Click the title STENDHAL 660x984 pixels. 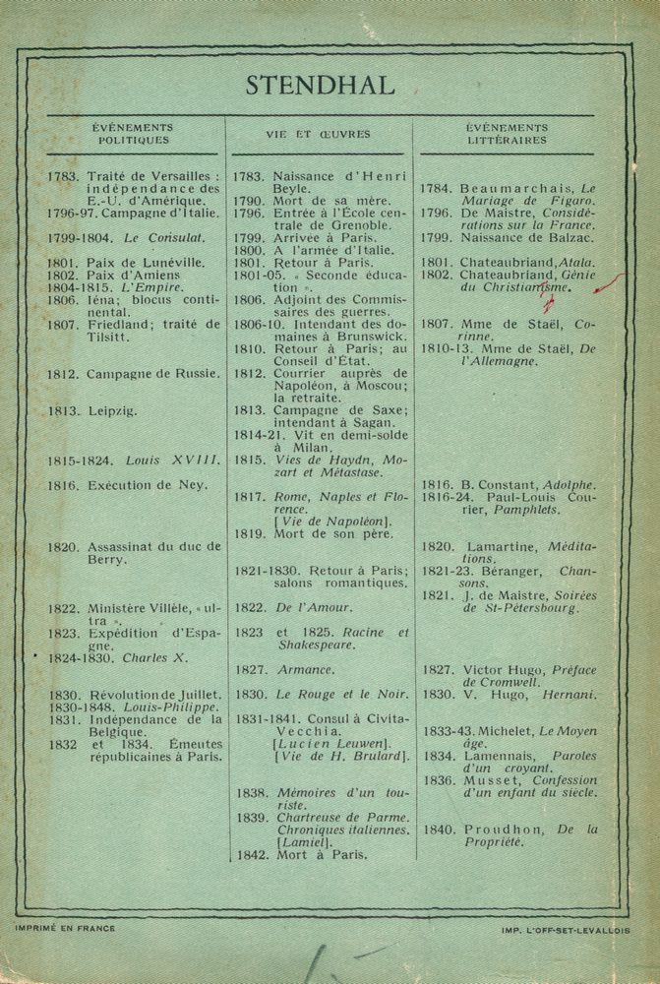[x=320, y=86]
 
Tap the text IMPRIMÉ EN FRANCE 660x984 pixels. [x=66, y=927]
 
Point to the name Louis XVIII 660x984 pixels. [x=169, y=460]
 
